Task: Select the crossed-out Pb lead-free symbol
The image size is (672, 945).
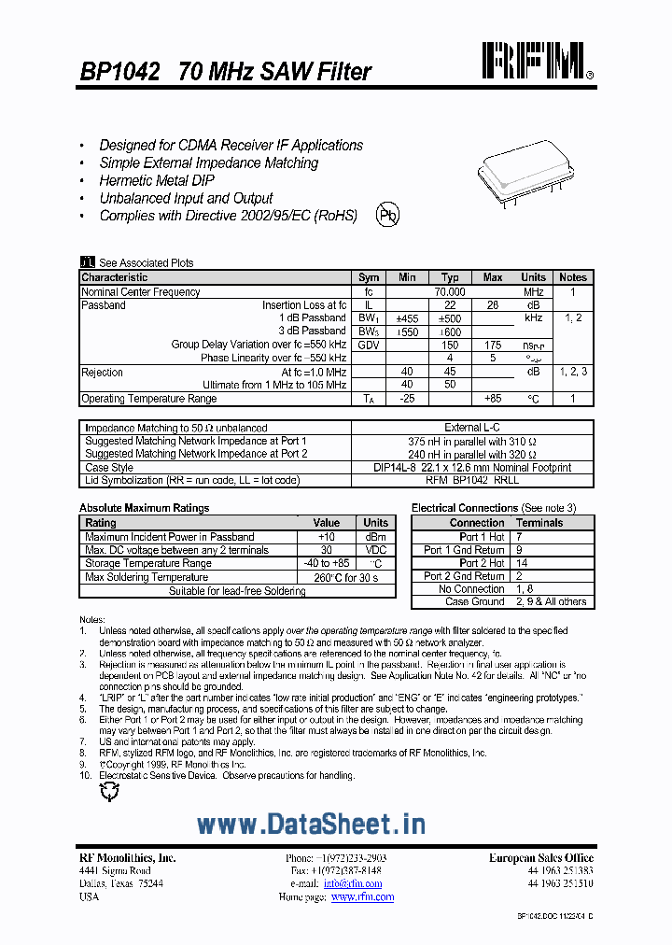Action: tap(387, 216)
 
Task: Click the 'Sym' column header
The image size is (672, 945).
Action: tap(369, 277)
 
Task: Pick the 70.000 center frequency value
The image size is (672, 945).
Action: tap(450, 291)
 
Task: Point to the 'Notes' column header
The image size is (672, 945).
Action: tap(572, 277)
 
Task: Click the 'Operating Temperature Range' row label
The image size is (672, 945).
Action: tap(148, 399)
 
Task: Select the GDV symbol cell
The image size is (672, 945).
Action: tap(369, 345)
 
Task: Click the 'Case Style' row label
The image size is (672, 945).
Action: tap(109, 467)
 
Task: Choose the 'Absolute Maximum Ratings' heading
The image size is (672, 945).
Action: tap(144, 508)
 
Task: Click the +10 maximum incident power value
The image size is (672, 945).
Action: tap(326, 537)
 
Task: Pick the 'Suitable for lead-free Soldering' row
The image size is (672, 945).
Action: tap(237, 591)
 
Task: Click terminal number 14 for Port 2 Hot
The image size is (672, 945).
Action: tap(521, 563)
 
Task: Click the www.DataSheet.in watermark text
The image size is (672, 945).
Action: tap(312, 824)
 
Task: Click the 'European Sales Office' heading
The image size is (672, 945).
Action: tap(540, 857)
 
